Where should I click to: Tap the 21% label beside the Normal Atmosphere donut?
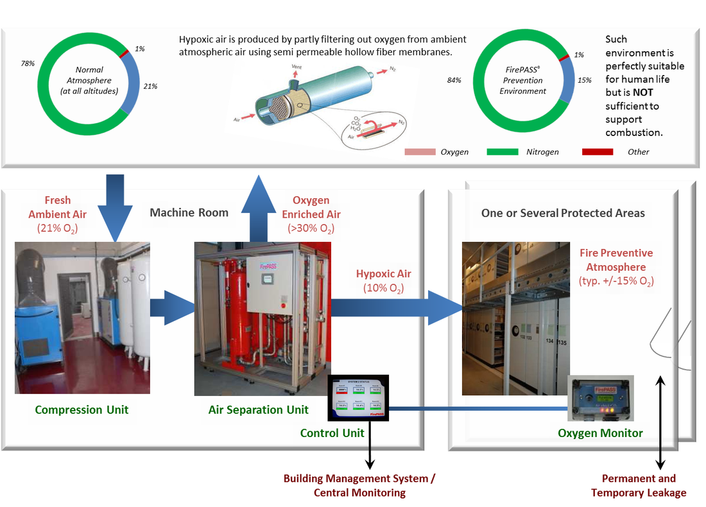[x=151, y=85]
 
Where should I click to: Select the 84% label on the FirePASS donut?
[x=455, y=80]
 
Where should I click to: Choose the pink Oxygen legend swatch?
[x=420, y=152]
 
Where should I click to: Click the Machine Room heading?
[x=189, y=212]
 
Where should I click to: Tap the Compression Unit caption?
[x=82, y=409]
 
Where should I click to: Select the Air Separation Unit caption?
[x=259, y=409]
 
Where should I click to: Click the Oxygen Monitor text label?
[x=600, y=433]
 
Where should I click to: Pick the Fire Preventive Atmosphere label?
[x=616, y=259]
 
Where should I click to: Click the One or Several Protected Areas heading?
[x=563, y=213]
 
